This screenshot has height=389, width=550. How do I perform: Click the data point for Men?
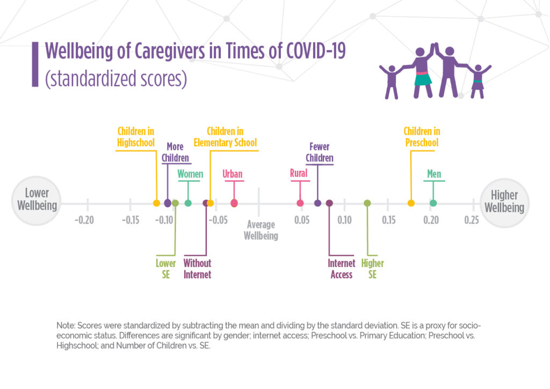coord(433,203)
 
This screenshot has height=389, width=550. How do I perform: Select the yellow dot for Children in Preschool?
coord(411,203)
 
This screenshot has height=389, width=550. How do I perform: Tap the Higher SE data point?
coord(367,203)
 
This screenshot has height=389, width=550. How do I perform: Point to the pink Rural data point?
coord(300,203)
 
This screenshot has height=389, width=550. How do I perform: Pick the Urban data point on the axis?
coord(234,203)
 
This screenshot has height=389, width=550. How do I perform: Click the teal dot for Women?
coord(188,203)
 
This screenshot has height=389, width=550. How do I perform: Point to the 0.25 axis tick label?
coord(472,220)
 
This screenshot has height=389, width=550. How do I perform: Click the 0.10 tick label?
coord(344,220)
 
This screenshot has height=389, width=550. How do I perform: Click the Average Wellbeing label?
coord(260,230)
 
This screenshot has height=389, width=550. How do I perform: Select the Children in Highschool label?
coord(136,137)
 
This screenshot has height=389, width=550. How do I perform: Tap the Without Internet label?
coord(197,269)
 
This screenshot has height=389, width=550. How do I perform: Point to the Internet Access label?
coord(342,269)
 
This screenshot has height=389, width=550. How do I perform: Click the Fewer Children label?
coord(320,153)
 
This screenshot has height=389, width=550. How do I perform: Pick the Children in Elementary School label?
coord(232,137)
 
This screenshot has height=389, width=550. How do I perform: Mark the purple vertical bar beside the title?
coord(35,64)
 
